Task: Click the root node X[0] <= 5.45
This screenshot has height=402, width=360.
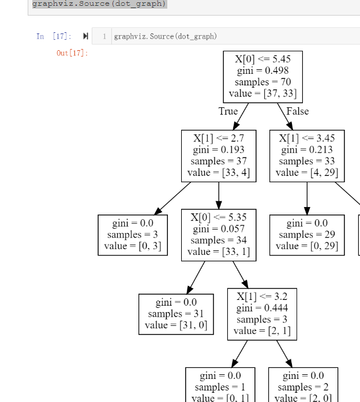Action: click(x=262, y=76)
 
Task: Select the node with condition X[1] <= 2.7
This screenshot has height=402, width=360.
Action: click(x=219, y=156)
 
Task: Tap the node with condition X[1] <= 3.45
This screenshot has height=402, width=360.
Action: click(x=306, y=156)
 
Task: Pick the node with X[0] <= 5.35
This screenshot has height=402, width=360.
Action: click(x=219, y=235)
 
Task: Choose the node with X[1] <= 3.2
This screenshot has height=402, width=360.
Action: click(x=262, y=314)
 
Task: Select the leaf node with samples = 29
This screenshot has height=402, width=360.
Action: click(x=306, y=235)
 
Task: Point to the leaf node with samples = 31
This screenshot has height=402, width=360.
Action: click(x=176, y=314)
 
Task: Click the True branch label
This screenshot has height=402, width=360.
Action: click(x=228, y=111)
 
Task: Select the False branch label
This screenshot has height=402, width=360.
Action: click(x=297, y=111)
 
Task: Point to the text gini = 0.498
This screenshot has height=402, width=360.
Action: click(x=262, y=70)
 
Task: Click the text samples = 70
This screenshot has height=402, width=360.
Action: click(x=262, y=82)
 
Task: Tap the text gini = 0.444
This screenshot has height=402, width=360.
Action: click(x=262, y=308)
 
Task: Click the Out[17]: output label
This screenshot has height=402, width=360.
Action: click(x=72, y=53)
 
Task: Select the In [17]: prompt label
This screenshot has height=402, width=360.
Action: click(x=54, y=36)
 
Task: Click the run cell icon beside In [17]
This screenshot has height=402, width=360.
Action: click(x=86, y=36)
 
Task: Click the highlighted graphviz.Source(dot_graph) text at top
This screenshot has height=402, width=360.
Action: click(x=99, y=4)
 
